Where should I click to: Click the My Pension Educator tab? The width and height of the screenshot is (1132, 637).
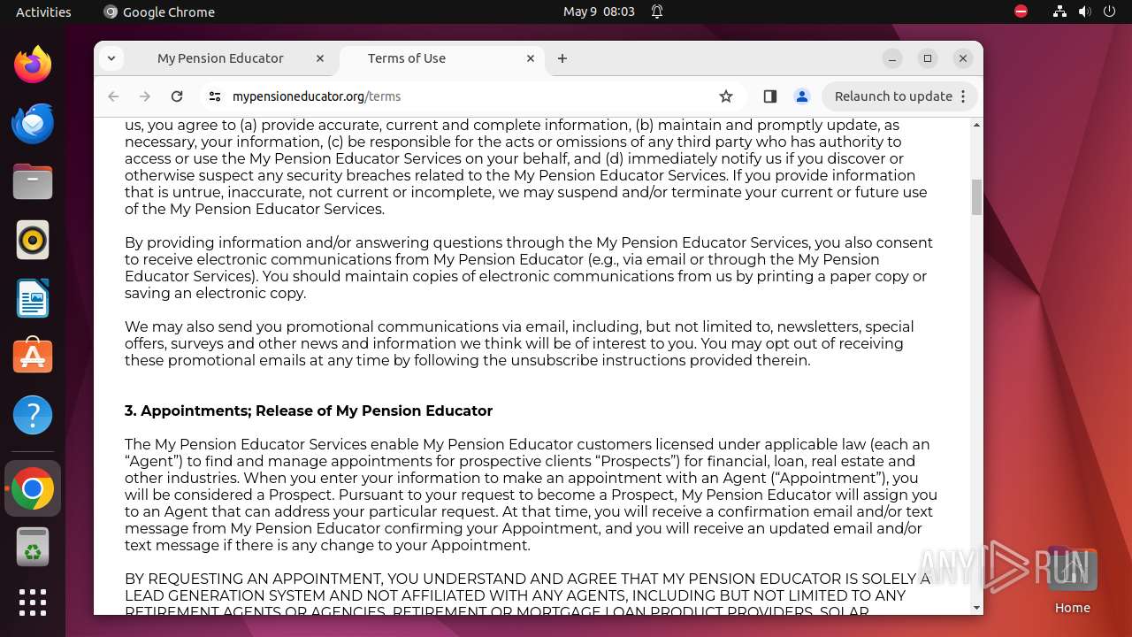pos(220,58)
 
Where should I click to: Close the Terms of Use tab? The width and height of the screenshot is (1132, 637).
pos(531,58)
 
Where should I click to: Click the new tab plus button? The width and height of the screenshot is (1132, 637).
pos(562,58)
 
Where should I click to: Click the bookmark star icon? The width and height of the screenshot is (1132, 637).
pos(726,96)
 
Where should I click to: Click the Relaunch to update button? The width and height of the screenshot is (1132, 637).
pos(893,96)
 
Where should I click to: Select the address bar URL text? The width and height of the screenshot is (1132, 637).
pos(317,96)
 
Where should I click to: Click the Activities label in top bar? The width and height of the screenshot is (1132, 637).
pos(43,12)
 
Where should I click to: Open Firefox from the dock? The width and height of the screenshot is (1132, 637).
pos(33,65)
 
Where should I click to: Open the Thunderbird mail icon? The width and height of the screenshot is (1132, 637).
pos(33,123)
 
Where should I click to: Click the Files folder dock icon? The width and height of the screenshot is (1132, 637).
pos(33,182)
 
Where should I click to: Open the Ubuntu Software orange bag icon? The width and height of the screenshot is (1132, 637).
pos(33,356)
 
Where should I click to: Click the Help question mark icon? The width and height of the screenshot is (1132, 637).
pos(33,415)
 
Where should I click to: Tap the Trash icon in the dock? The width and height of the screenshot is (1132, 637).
pos(33,547)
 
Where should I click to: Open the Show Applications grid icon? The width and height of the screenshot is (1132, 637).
pos(33,602)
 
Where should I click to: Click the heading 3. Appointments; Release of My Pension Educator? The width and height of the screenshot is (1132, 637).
pos(309,411)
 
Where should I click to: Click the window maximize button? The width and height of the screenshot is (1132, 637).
pos(928,58)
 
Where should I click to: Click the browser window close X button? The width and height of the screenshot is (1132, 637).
pos(963,58)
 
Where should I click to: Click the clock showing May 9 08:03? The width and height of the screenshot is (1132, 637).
pos(599,12)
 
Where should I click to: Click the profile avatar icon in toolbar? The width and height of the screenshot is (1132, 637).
pos(802,96)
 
